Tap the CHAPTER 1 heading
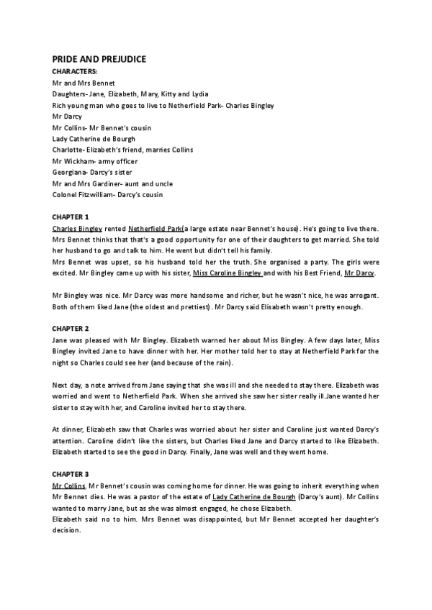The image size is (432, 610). click(70, 217)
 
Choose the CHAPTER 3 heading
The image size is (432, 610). click(70, 474)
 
